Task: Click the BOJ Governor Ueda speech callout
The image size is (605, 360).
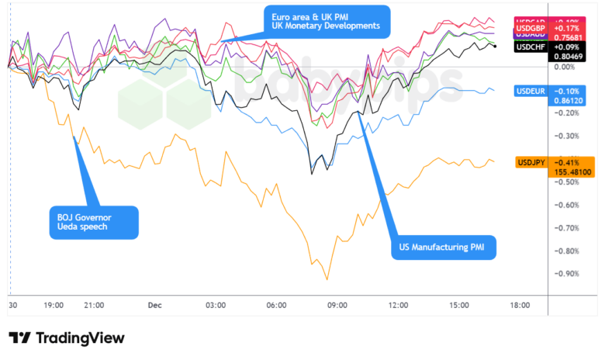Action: coord(92,221)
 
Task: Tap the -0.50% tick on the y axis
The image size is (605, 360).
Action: coord(569,182)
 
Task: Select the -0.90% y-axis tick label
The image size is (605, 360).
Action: coord(569,274)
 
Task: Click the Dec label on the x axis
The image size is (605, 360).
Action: coord(154,306)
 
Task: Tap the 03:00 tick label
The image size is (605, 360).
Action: coord(216,306)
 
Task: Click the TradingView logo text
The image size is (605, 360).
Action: coord(66,338)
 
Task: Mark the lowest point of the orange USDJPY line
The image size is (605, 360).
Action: coord(327,279)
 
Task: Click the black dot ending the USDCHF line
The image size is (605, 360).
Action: coord(495,47)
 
